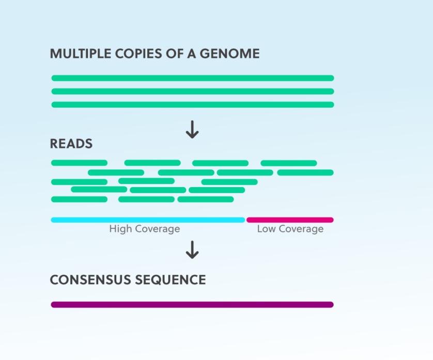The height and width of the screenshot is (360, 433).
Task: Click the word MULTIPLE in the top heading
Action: (x=81, y=54)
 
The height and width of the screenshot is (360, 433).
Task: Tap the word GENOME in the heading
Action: (x=230, y=54)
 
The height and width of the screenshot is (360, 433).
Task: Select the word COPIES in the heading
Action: (x=138, y=54)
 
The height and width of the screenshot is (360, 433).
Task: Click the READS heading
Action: (x=71, y=144)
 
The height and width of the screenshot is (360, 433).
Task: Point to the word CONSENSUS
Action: (x=90, y=279)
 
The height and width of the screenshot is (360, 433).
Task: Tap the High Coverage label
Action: (x=145, y=229)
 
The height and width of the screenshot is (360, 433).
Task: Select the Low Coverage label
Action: (x=290, y=229)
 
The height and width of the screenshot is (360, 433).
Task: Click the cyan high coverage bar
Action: (x=148, y=220)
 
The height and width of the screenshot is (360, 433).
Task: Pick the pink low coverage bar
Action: (x=290, y=220)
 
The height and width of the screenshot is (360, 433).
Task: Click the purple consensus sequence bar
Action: (x=192, y=305)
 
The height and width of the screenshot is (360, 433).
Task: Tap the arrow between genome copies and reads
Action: (x=192, y=130)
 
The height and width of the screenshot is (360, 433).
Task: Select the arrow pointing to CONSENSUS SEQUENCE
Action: (x=192, y=250)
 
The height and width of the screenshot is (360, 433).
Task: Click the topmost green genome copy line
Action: (x=193, y=78)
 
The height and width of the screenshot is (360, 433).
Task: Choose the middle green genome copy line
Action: (x=193, y=91)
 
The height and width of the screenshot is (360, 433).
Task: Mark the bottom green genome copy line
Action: (x=193, y=105)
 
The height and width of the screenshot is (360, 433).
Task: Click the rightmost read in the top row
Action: (x=289, y=163)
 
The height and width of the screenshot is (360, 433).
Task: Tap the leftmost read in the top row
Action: (x=79, y=163)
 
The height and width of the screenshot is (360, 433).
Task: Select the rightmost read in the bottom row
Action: (x=206, y=199)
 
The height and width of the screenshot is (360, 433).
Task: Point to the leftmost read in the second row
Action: (x=116, y=173)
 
